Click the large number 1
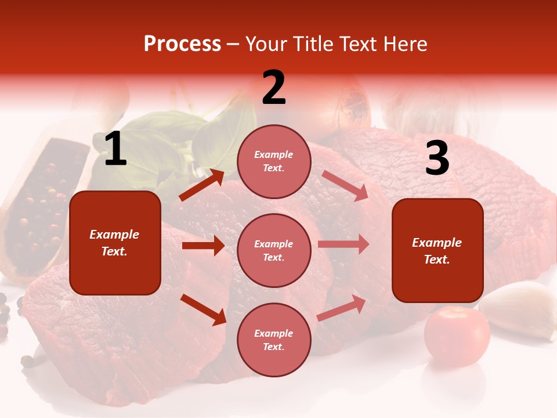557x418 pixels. (115, 149)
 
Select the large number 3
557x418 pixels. (437, 158)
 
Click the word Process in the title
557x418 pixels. (182, 44)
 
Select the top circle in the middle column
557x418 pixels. (274, 161)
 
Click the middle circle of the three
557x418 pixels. (274, 250)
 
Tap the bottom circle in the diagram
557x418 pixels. (274, 340)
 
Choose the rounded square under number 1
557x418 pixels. (115, 243)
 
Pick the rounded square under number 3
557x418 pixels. (437, 250)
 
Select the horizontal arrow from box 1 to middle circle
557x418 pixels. (203, 246)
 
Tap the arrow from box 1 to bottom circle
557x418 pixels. (203, 309)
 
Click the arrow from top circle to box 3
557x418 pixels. (345, 186)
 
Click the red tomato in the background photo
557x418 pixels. (457, 336)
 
